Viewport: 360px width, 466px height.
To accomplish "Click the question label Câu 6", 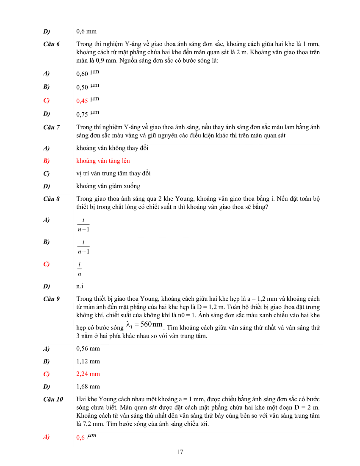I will click(52, 44).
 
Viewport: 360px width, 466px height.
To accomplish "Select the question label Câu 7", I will click(52, 127).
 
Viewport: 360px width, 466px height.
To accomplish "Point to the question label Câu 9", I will click(52, 299).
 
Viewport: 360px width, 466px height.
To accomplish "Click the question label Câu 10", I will click(53, 399).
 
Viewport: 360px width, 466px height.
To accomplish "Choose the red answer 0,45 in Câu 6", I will click(82, 101).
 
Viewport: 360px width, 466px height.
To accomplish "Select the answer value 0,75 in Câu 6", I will click(82, 114).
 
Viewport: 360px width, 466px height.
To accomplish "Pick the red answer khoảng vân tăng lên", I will click(103, 161).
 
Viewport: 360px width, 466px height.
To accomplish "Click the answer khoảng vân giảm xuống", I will click(108, 186).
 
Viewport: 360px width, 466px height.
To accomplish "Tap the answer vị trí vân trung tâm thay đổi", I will click(114, 174).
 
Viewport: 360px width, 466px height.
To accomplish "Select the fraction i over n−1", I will click(83, 225).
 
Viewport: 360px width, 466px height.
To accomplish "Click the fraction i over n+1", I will click(83, 247).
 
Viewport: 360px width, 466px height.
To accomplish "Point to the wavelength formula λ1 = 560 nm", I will click(144, 325).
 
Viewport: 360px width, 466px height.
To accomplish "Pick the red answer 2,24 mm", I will click(88, 374).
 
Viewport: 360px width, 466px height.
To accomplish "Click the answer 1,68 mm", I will click(88, 386).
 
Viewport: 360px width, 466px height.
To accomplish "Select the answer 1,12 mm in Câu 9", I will click(88, 361).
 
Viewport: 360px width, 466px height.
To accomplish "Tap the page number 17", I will click(180, 452).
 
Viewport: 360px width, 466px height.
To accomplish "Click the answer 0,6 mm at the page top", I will click(86, 31).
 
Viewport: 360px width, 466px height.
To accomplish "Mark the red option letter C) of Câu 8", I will click(46, 264).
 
